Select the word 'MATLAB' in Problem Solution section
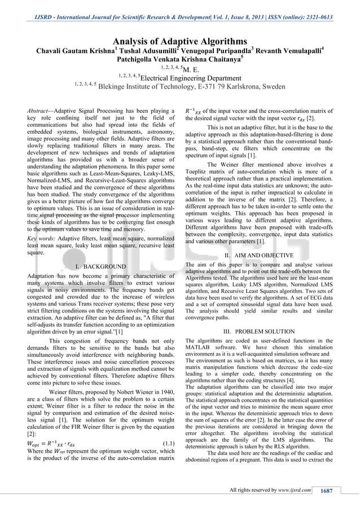point(199,350)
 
